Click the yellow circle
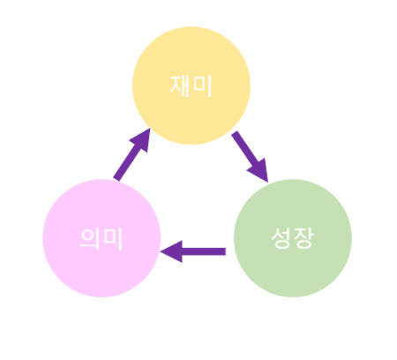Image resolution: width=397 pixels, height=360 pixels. [x=191, y=86]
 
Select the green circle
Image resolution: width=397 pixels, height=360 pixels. [x=293, y=238]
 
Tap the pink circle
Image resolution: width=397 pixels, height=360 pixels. [x=101, y=238]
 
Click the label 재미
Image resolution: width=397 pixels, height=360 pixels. [x=191, y=86]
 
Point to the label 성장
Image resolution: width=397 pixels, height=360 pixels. [x=293, y=238]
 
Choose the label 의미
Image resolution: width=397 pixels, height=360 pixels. [x=101, y=238]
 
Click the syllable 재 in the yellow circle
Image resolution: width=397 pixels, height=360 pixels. [x=180, y=86]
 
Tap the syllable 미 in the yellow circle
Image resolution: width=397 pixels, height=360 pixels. [x=203, y=86]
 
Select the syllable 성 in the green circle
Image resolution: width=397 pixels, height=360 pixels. [x=281, y=238]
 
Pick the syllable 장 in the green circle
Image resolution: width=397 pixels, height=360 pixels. [x=303, y=238]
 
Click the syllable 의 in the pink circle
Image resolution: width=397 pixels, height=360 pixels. [x=90, y=238]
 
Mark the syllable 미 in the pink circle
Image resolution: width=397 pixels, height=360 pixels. [x=113, y=238]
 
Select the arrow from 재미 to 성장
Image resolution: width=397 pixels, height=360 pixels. [x=250, y=157]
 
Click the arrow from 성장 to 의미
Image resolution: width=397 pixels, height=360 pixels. [x=193, y=251]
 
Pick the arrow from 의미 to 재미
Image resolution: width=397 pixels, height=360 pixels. [x=132, y=154]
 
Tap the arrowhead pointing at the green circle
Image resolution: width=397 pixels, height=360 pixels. [x=259, y=171]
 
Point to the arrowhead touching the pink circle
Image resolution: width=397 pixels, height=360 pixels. [x=171, y=251]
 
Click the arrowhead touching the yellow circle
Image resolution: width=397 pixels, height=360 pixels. [x=140, y=139]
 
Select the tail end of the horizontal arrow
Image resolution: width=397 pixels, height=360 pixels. [x=226, y=251]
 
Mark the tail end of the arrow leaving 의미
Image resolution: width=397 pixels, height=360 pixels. [x=116, y=179]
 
